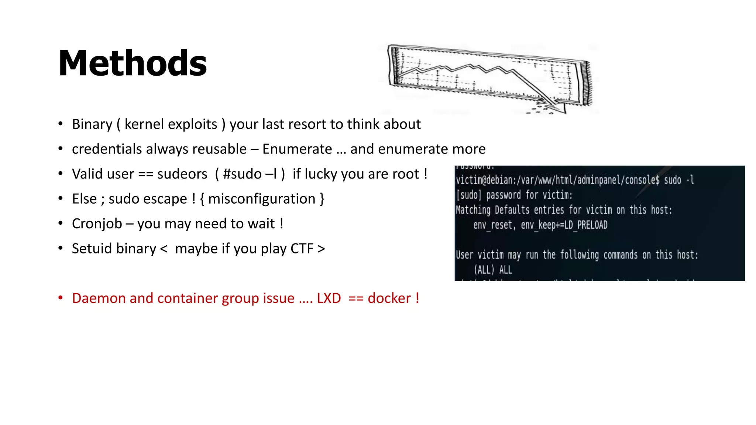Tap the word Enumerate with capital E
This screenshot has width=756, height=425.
[297, 149]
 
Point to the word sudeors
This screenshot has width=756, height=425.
[182, 174]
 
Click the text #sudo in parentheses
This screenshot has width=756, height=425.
[242, 174]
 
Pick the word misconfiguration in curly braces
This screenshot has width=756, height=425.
[262, 199]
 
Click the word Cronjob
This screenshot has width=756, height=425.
[97, 224]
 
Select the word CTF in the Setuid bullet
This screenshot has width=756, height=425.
[302, 249]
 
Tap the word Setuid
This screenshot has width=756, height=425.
[88, 249]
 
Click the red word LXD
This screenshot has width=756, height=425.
[329, 298]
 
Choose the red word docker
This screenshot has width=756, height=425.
[389, 298]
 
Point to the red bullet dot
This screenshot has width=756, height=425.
[61, 297]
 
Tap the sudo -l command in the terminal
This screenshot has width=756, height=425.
[678, 180]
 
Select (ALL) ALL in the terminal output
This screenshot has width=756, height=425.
[493, 270]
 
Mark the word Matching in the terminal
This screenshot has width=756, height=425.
[473, 210]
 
